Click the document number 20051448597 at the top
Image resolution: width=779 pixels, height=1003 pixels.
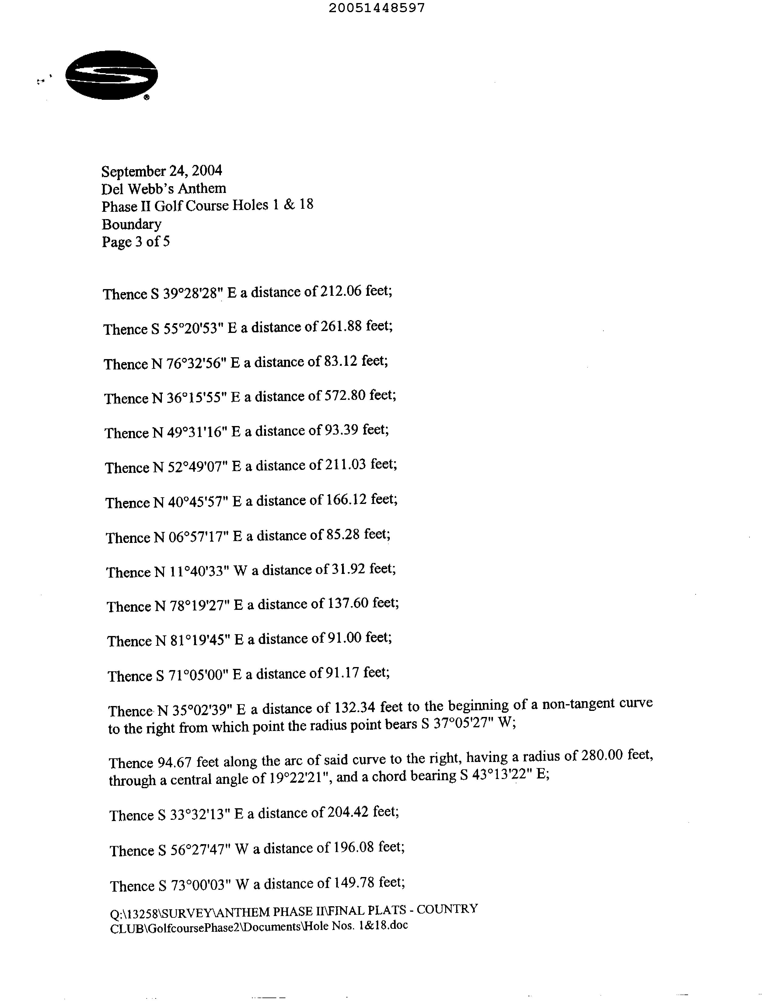pos(377,8)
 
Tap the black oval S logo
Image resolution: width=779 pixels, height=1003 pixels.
pos(112,75)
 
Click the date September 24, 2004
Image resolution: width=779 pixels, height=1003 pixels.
pos(162,171)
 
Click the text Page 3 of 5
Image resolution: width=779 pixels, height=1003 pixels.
pos(135,242)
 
